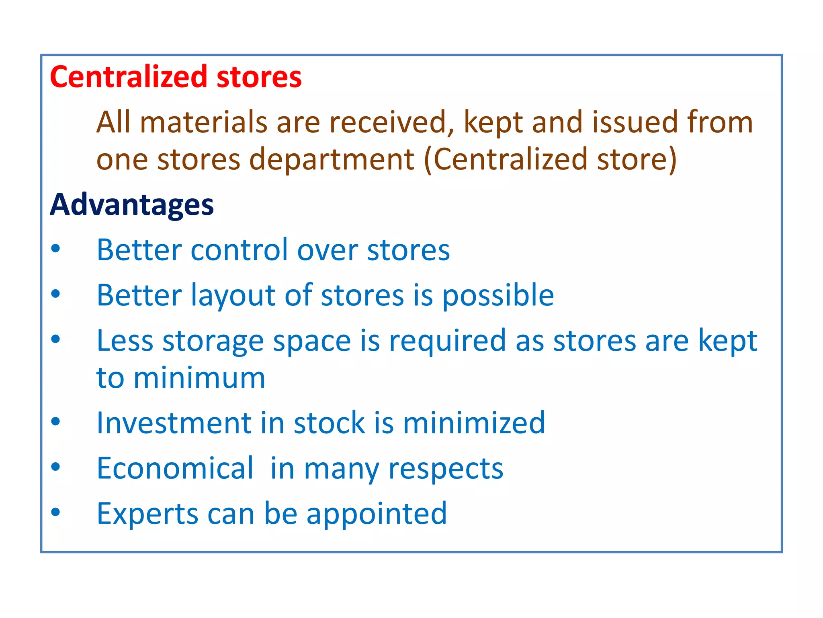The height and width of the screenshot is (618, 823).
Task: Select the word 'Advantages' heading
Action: [x=131, y=205]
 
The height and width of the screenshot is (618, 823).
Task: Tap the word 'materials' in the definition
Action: [x=203, y=122]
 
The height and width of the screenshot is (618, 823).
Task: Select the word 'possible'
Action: [x=498, y=296]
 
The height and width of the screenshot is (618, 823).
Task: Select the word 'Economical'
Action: [x=175, y=468]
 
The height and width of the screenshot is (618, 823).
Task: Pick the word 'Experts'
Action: [x=147, y=514]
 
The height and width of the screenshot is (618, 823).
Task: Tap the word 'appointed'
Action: [x=377, y=515]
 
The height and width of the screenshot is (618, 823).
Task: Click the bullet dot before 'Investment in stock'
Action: [x=55, y=422]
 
